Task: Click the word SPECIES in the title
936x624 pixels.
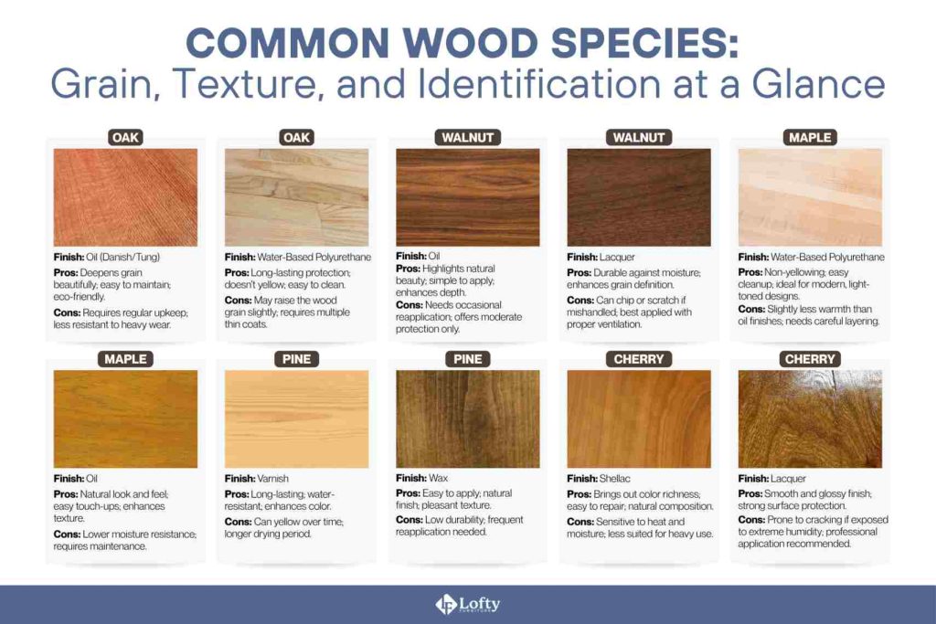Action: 613,45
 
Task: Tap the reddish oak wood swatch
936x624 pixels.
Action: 125,197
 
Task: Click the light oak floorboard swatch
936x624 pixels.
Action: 296,197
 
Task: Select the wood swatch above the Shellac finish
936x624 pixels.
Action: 639,418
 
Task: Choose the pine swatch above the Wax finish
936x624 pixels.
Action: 467,418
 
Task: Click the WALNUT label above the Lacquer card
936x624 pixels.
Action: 639,138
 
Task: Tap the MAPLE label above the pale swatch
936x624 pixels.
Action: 810,138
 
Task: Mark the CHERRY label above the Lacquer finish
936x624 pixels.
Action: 810,359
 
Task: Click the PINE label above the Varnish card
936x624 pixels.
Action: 296,359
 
